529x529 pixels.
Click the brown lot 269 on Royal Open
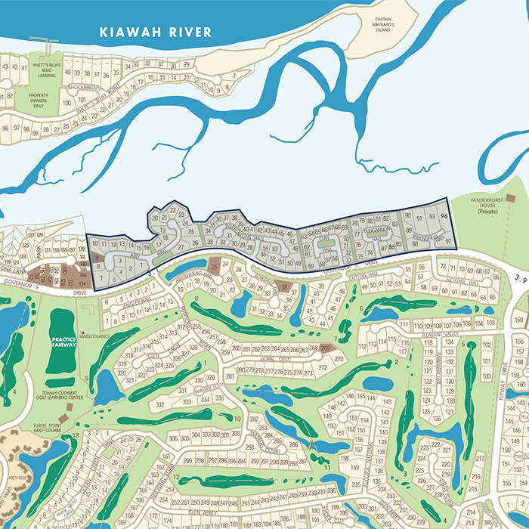tap(325, 348)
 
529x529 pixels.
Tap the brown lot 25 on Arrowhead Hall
tap(214, 265)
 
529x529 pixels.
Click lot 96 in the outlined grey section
tap(444, 215)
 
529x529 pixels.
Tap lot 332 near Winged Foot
tap(160, 405)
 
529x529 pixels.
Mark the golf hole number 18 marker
tap(76, 435)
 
